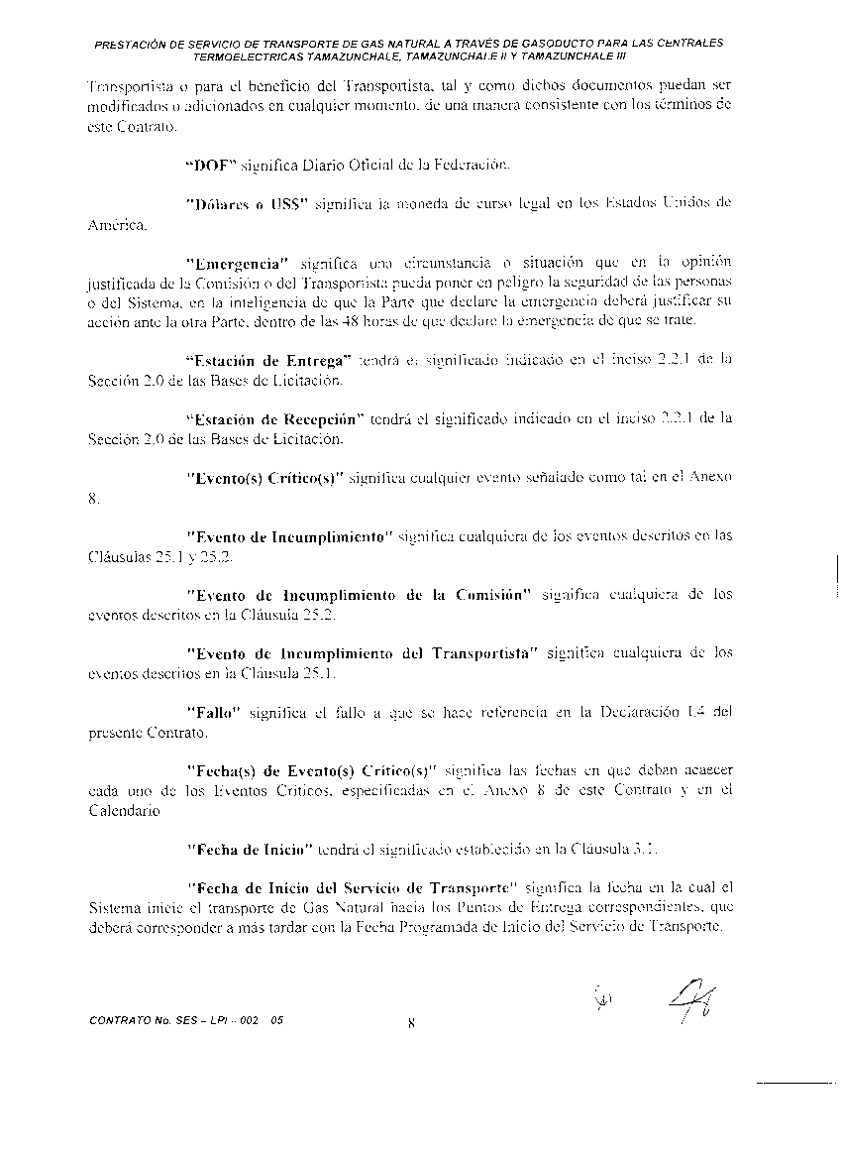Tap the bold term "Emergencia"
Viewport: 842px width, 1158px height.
(x=237, y=263)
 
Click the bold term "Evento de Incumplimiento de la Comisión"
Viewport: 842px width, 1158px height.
(x=360, y=595)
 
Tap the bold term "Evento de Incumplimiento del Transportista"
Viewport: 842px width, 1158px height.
(x=362, y=653)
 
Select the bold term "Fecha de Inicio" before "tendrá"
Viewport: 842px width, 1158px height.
(x=250, y=849)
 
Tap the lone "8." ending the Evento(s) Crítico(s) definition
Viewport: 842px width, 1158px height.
(x=94, y=501)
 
